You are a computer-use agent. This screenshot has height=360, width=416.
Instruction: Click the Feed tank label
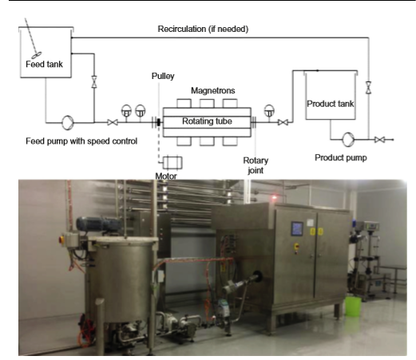pos(44,64)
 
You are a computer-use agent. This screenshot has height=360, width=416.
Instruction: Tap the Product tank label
pos(331,104)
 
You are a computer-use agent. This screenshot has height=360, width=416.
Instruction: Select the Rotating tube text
pos(207,121)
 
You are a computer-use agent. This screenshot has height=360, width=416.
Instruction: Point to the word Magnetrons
pos(213,90)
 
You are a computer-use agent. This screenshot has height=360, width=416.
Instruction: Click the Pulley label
pos(163,76)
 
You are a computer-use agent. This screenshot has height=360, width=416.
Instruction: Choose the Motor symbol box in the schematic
pos(172,163)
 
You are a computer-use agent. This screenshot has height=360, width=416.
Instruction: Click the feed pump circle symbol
pos(68,123)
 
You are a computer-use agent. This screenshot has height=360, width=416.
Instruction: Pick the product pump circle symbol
pos(348,139)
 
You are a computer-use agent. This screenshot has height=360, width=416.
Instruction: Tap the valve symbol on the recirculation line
pos(368,88)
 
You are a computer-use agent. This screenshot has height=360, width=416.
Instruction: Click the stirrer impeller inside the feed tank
pos(37,55)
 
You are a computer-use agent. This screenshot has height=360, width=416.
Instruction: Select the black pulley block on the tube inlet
pos(159,122)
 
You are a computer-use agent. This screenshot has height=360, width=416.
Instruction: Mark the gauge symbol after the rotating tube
pos(269,111)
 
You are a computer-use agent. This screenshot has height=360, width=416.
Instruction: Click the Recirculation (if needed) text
pos(203,29)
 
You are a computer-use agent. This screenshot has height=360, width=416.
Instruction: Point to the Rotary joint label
pos(256,165)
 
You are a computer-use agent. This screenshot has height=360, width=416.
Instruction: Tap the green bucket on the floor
pos(353,307)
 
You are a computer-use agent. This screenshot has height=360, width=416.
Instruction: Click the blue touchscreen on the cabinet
pos(297,228)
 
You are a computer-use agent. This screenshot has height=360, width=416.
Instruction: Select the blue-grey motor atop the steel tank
pos(98,224)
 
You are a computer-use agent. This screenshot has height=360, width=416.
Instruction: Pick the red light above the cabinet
pos(274,197)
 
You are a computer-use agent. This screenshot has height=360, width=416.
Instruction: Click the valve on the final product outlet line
pos(379,140)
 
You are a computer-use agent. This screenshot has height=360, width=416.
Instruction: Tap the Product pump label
pos(341,158)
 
